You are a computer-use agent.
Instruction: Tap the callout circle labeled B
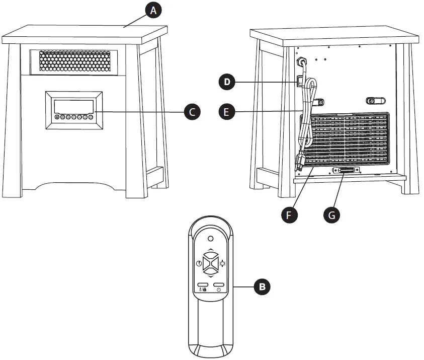click(x=261, y=287)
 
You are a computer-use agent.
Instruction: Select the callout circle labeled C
click(x=192, y=111)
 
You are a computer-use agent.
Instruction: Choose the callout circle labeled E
click(x=228, y=111)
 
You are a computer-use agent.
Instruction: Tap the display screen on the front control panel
click(x=73, y=106)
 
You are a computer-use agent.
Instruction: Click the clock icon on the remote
click(x=199, y=264)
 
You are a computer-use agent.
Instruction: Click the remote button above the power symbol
click(x=218, y=284)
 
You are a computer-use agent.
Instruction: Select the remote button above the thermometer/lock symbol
click(x=203, y=284)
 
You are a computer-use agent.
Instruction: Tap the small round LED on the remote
click(x=211, y=239)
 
